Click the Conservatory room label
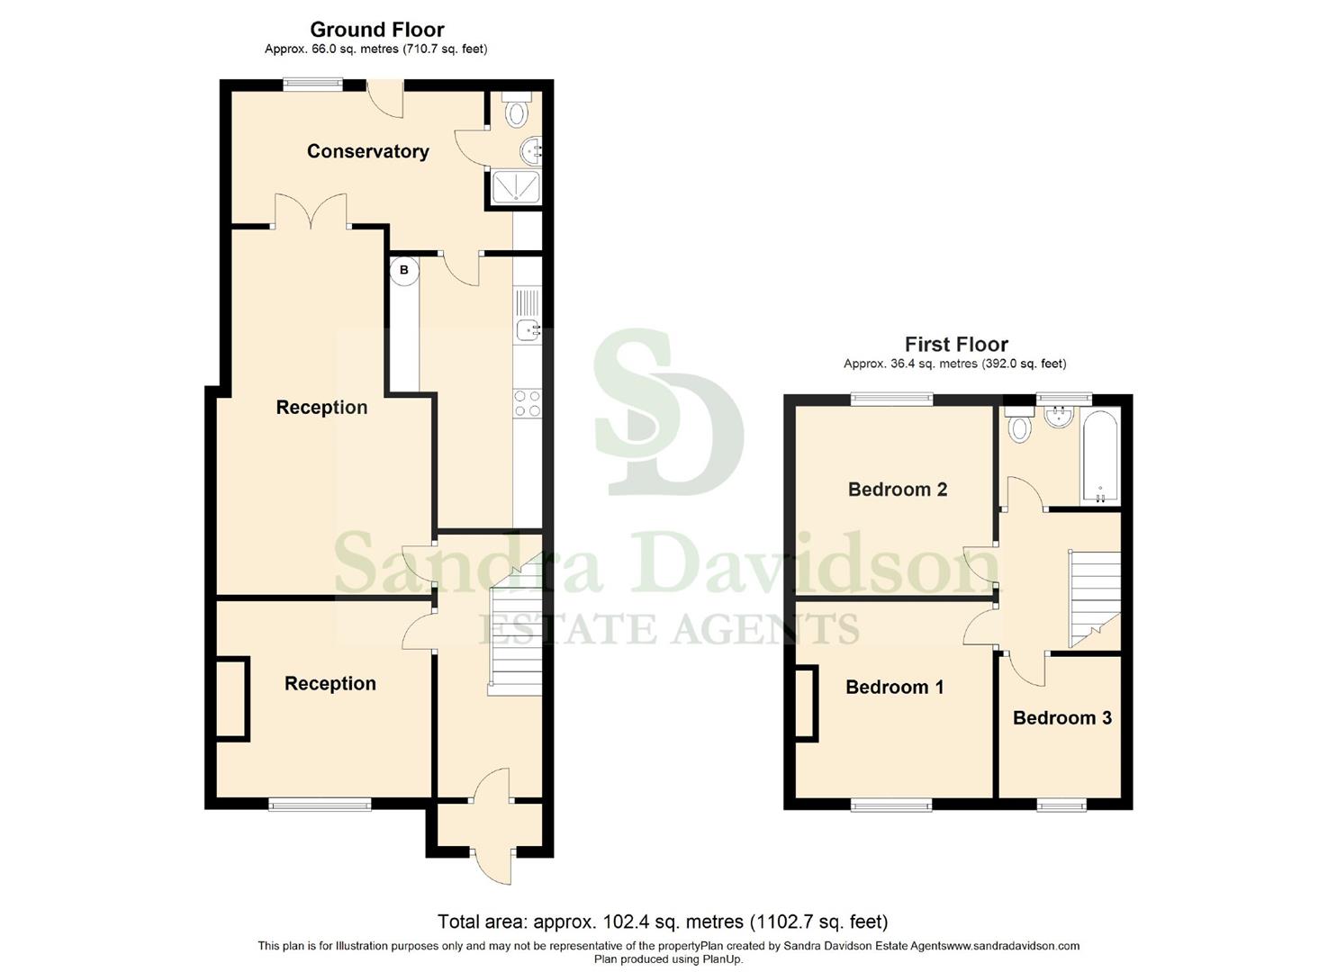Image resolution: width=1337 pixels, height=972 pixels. point(367,151)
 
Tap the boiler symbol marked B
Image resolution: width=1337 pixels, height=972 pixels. point(404,270)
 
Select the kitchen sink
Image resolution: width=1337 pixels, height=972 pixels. point(528,330)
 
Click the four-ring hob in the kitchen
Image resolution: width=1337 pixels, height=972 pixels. point(528,403)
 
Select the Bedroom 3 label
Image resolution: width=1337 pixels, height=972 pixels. point(1061,717)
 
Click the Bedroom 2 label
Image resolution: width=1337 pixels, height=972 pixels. point(897,490)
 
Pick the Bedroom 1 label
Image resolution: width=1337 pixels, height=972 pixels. point(894,688)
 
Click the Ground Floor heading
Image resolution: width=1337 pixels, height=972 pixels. point(376,30)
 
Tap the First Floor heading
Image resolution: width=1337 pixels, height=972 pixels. point(955,344)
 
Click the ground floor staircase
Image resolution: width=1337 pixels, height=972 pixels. point(515,630)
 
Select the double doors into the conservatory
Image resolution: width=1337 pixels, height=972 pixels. point(311,213)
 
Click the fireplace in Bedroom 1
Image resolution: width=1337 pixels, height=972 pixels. point(807,703)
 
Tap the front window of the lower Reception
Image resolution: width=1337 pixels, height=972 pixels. point(320,804)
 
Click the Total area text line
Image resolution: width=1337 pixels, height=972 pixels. point(662,922)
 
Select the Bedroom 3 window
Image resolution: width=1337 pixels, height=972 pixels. point(1061,804)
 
